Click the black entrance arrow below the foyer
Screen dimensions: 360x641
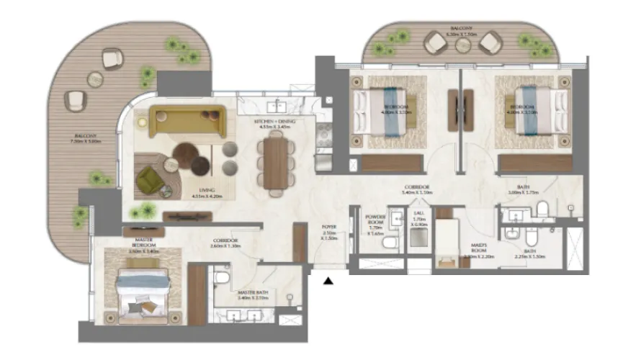pyautogui.click(x=328, y=281)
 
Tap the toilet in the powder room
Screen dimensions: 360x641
pyautogui.click(x=390, y=243)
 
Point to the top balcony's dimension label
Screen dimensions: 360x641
pyautogui.click(x=462, y=33)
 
